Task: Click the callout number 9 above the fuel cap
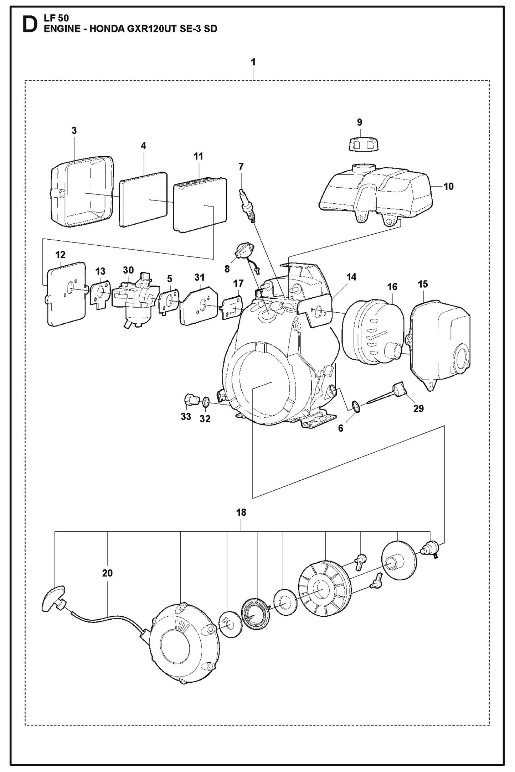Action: (x=359, y=122)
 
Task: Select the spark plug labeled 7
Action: (x=246, y=203)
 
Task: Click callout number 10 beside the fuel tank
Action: (x=448, y=186)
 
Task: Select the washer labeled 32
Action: (x=206, y=403)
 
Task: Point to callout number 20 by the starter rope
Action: (x=107, y=573)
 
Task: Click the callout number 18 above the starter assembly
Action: (x=241, y=512)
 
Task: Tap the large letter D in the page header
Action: (x=29, y=24)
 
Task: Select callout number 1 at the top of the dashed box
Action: (x=253, y=62)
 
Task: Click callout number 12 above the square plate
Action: (x=61, y=255)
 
